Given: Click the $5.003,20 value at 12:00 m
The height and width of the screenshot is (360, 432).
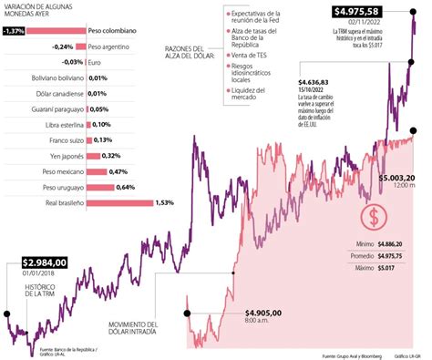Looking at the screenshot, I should (396, 177).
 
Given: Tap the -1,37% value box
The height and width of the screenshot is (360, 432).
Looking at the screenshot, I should (14, 30).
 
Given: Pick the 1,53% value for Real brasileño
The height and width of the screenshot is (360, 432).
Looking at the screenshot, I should (165, 202).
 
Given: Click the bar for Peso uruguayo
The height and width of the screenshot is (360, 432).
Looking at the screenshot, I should (103, 187).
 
